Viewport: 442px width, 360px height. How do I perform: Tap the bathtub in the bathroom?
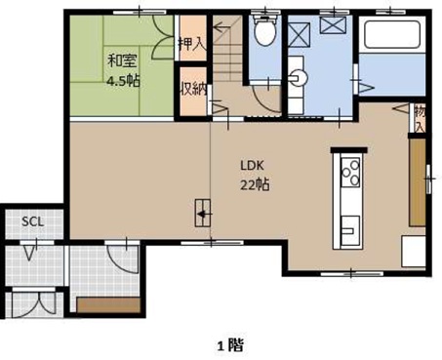tap(392, 34)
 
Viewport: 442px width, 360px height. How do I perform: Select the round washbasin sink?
tap(298, 77)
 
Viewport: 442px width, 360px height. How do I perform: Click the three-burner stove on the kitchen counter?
tap(350, 173)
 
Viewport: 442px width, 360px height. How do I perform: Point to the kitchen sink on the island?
tap(350, 230)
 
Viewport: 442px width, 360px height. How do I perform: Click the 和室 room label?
tap(122, 60)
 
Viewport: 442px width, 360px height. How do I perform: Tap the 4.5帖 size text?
tap(124, 81)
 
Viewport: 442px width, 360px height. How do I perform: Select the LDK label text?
tap(252, 166)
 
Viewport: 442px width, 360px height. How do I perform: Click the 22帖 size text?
tap(255, 184)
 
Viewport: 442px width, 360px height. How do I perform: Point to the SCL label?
tap(32, 221)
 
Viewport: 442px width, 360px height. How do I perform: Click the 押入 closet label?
tap(192, 44)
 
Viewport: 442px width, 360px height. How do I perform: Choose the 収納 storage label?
tap(194, 89)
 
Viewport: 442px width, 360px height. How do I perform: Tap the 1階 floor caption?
tap(230, 345)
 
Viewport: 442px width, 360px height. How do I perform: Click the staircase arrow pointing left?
tap(222, 27)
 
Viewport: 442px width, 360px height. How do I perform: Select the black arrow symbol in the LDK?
tap(204, 215)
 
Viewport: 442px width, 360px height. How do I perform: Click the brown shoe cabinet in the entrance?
tap(108, 304)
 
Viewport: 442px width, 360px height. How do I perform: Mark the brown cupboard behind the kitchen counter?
tap(418, 182)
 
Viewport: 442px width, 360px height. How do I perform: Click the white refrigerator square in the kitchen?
tap(414, 252)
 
